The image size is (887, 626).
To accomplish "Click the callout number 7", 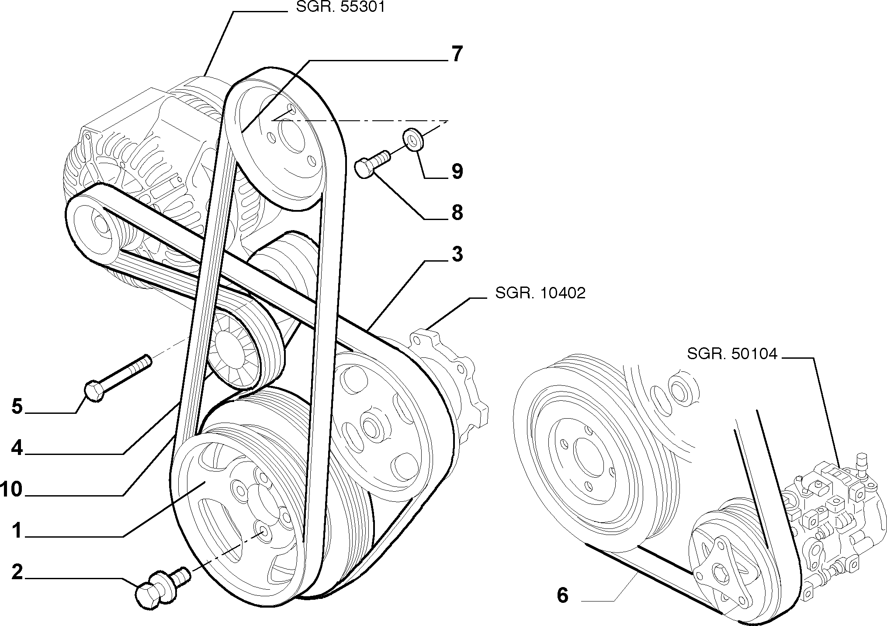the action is (457, 54).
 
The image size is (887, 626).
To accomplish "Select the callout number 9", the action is (457, 171).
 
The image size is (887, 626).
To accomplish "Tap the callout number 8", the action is (457, 213).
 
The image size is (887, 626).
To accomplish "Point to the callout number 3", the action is (457, 254).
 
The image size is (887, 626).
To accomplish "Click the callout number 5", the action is (17, 407).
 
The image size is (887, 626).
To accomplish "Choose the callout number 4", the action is (17, 448).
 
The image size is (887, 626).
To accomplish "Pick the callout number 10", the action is (12, 490).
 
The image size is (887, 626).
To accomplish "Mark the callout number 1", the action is (17, 531).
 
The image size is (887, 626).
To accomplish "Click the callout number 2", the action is (17, 572).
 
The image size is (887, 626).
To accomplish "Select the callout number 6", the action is (563, 595).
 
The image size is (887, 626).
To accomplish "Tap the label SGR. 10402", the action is (540, 293).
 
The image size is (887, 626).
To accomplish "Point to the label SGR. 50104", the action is (732, 354).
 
